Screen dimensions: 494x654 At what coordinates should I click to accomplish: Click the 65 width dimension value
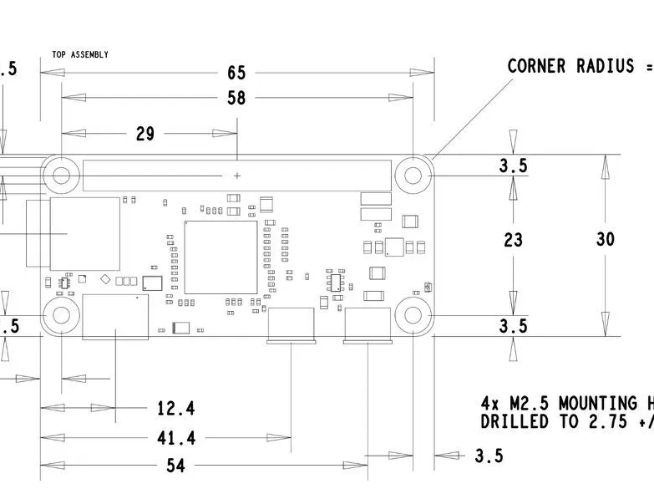(x=236, y=74)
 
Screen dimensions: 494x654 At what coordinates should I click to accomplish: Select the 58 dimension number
(x=236, y=99)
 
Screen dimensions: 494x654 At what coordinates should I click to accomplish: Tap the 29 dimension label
(x=144, y=134)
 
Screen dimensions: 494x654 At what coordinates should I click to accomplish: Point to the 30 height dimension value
(x=605, y=239)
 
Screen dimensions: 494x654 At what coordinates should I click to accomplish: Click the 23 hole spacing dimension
(x=513, y=240)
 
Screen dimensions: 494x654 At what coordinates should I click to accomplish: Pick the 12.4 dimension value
(x=175, y=409)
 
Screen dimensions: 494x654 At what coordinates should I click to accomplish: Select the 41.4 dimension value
(x=175, y=438)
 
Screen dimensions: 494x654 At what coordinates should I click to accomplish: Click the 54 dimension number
(x=175, y=466)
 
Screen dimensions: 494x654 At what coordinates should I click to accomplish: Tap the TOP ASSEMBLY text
(x=80, y=54)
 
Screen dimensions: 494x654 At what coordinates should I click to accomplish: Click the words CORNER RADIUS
(x=570, y=66)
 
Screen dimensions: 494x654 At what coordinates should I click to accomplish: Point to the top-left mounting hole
(x=62, y=176)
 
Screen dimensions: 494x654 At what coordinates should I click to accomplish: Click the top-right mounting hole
(x=413, y=176)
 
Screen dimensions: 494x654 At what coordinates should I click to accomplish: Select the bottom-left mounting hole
(x=62, y=315)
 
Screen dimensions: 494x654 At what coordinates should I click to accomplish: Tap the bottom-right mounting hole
(x=413, y=315)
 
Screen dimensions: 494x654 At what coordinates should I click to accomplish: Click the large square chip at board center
(x=221, y=257)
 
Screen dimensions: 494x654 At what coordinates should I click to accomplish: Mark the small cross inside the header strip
(x=237, y=176)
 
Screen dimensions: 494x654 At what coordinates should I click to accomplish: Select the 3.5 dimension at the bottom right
(x=489, y=456)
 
